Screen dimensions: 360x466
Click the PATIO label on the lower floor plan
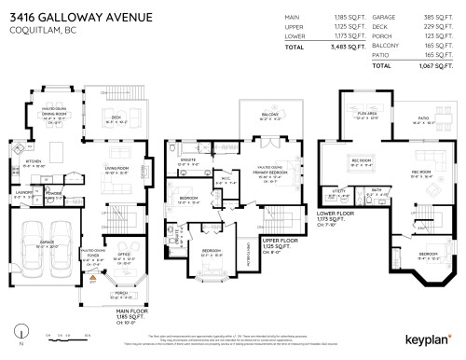click(x=422, y=118)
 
